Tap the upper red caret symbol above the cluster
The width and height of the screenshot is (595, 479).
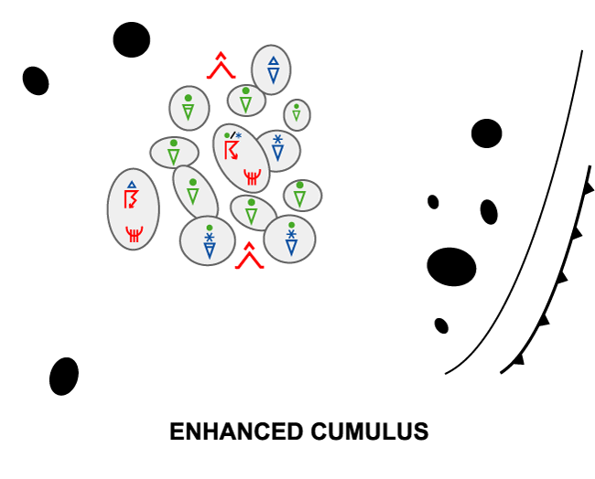[221, 67]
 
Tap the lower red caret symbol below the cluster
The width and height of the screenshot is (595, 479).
[249, 257]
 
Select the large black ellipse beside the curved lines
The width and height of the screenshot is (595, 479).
[451, 267]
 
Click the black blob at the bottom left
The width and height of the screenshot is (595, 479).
[64, 376]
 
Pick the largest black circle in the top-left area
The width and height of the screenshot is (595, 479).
[132, 39]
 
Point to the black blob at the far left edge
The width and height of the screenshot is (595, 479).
[36, 80]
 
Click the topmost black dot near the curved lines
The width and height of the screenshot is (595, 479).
[486, 133]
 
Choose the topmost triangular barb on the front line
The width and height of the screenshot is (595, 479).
[589, 188]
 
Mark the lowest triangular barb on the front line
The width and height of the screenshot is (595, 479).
[519, 359]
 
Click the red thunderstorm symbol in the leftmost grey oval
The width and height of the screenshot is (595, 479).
[132, 200]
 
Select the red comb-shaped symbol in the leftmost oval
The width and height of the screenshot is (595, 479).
[134, 234]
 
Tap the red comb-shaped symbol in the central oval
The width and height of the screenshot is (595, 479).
[253, 175]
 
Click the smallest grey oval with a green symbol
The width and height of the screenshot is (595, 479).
[297, 115]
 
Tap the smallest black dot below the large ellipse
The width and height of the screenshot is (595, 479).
[441, 325]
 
